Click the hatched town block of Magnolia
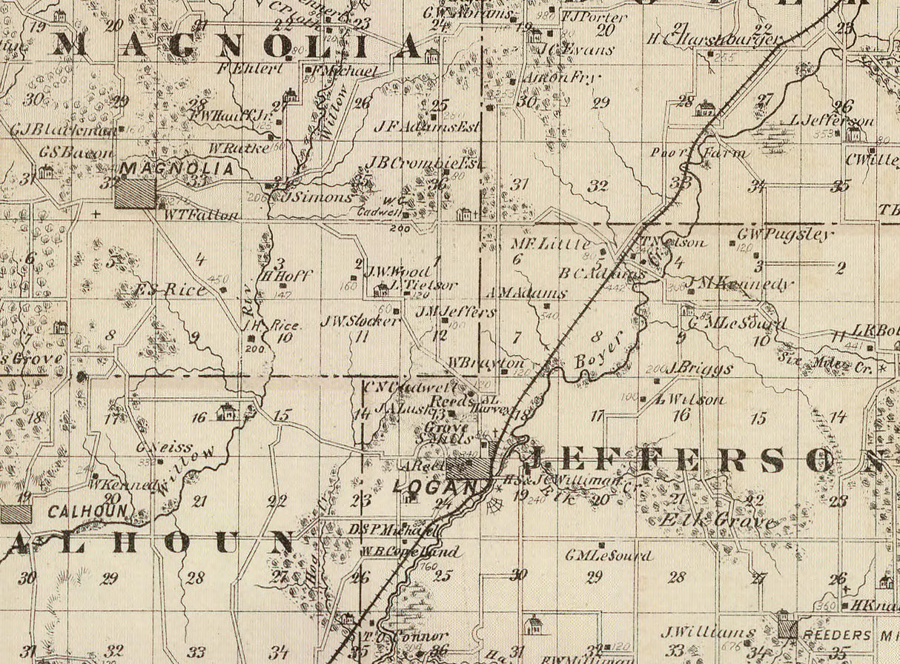[136, 193]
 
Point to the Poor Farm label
[698, 153]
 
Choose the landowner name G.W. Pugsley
[784, 235]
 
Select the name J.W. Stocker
[360, 321]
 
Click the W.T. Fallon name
[202, 215]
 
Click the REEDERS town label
[837, 635]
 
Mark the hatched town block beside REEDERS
[787, 629]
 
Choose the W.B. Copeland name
[409, 551]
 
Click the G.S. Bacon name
[76, 152]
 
